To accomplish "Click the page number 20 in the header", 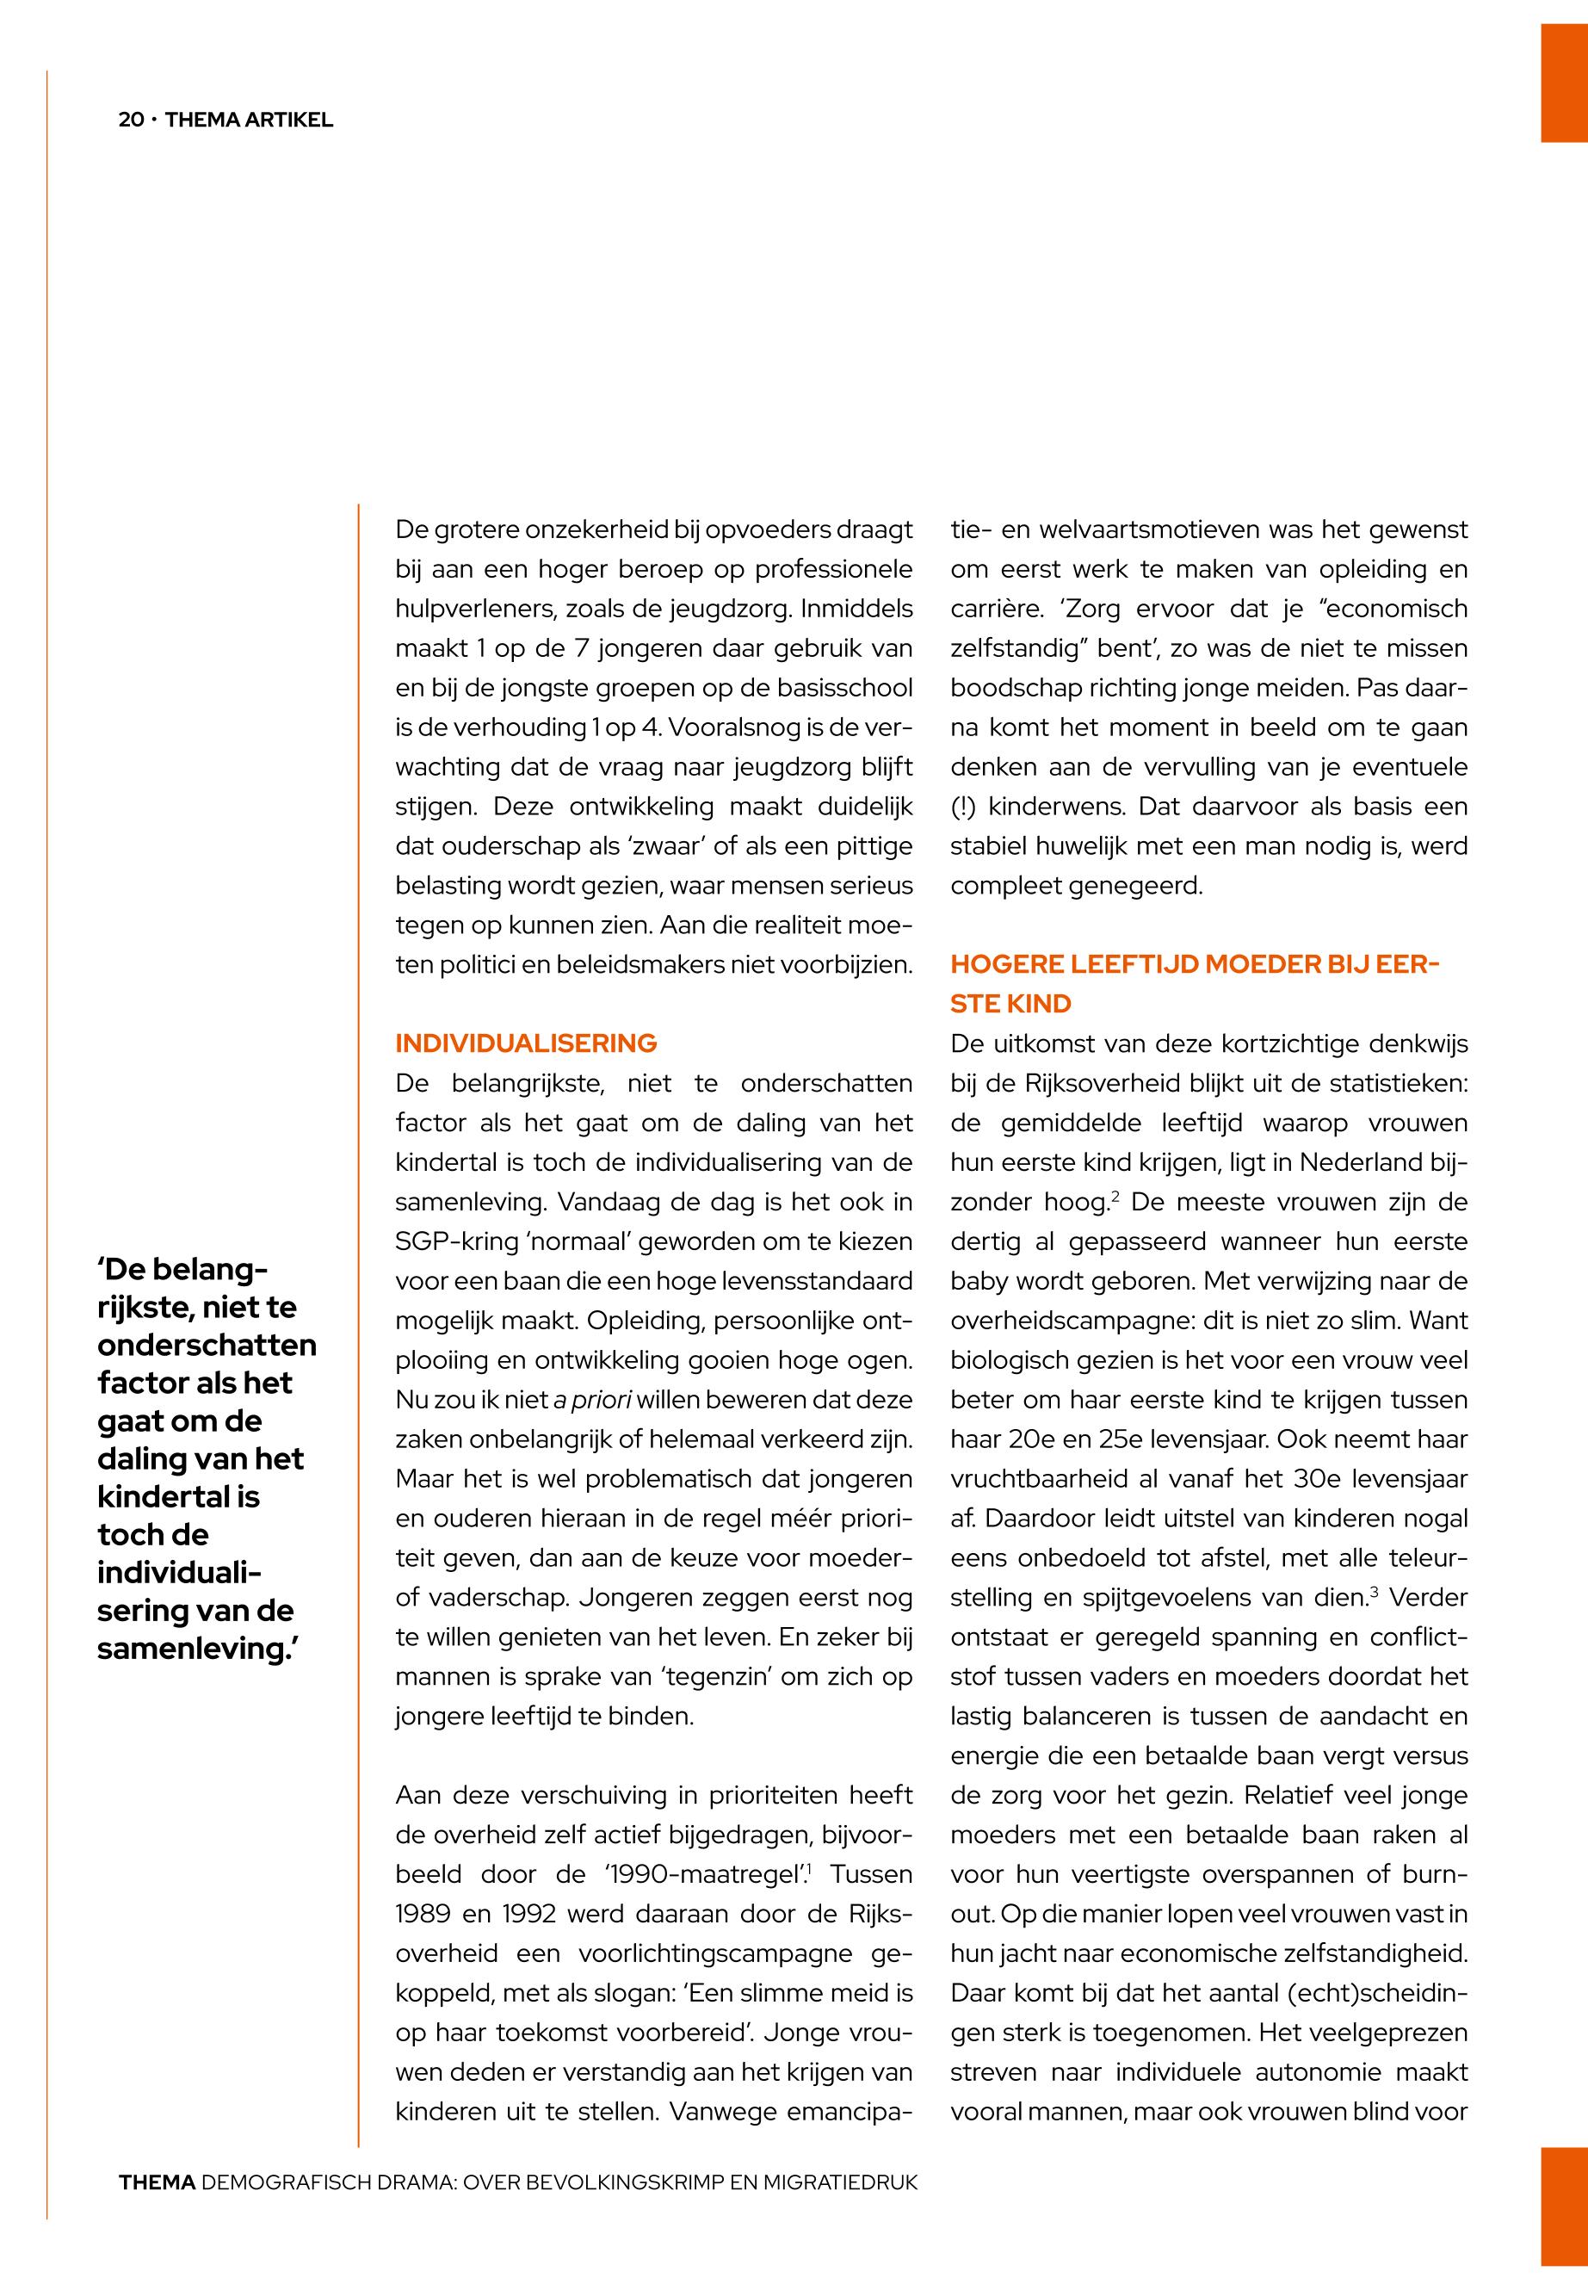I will point(130,121).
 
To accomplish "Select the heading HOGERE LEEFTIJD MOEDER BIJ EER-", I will point(1195,964).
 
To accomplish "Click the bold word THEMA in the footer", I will point(156,2182).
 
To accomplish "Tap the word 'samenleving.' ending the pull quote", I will point(199,1648).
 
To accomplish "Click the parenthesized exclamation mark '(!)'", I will point(963,806).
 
